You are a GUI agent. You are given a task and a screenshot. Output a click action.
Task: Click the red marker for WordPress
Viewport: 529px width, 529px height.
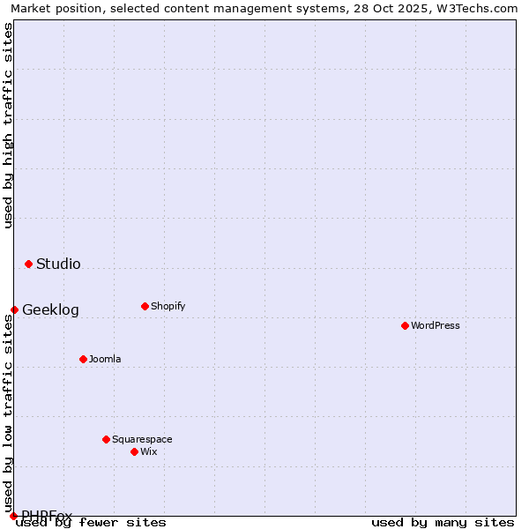405,325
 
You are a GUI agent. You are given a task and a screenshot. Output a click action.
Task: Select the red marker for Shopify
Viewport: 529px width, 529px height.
145,306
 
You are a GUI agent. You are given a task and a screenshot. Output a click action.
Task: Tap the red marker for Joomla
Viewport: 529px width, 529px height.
83,359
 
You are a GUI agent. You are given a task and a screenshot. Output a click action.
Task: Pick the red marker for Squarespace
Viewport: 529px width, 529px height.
106,439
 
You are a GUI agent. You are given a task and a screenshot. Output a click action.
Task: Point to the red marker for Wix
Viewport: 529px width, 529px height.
134,451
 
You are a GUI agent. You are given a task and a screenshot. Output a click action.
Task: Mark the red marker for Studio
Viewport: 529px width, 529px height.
28,264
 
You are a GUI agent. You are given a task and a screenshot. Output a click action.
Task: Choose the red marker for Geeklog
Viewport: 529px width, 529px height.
14,309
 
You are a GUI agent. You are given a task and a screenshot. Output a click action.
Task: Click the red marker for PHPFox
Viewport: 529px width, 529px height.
13,516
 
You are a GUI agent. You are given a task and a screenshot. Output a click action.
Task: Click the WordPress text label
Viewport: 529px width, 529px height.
436,325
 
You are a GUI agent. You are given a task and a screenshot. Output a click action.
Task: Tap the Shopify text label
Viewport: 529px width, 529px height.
168,306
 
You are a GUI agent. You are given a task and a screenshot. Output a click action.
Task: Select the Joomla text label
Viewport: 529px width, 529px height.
105,359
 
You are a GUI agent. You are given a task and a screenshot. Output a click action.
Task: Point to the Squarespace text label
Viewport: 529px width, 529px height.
142,439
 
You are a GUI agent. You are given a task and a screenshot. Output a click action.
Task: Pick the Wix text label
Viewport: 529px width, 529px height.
148,451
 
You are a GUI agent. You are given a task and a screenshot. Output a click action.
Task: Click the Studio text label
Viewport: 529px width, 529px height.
58,264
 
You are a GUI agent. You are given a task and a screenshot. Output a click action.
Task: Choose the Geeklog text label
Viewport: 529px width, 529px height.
50,309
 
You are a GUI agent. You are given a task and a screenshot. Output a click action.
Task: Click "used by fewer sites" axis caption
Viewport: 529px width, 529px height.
91,522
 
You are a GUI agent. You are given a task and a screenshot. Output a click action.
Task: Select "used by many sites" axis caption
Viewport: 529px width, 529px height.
443,522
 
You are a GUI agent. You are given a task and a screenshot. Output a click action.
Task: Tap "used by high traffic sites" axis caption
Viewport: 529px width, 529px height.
8,125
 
